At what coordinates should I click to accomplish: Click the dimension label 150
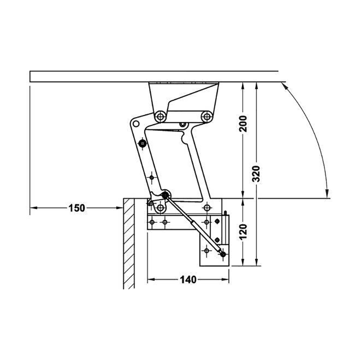76,208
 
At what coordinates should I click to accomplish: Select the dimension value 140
188,279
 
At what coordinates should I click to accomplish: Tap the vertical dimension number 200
243,124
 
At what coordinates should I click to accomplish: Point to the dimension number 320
256,174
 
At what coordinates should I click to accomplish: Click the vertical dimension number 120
243,232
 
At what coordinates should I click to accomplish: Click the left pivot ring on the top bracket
161,117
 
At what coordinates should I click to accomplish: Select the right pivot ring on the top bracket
207,116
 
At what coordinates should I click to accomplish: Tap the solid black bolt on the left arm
143,144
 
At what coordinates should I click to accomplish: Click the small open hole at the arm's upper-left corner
136,124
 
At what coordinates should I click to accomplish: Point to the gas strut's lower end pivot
223,254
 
